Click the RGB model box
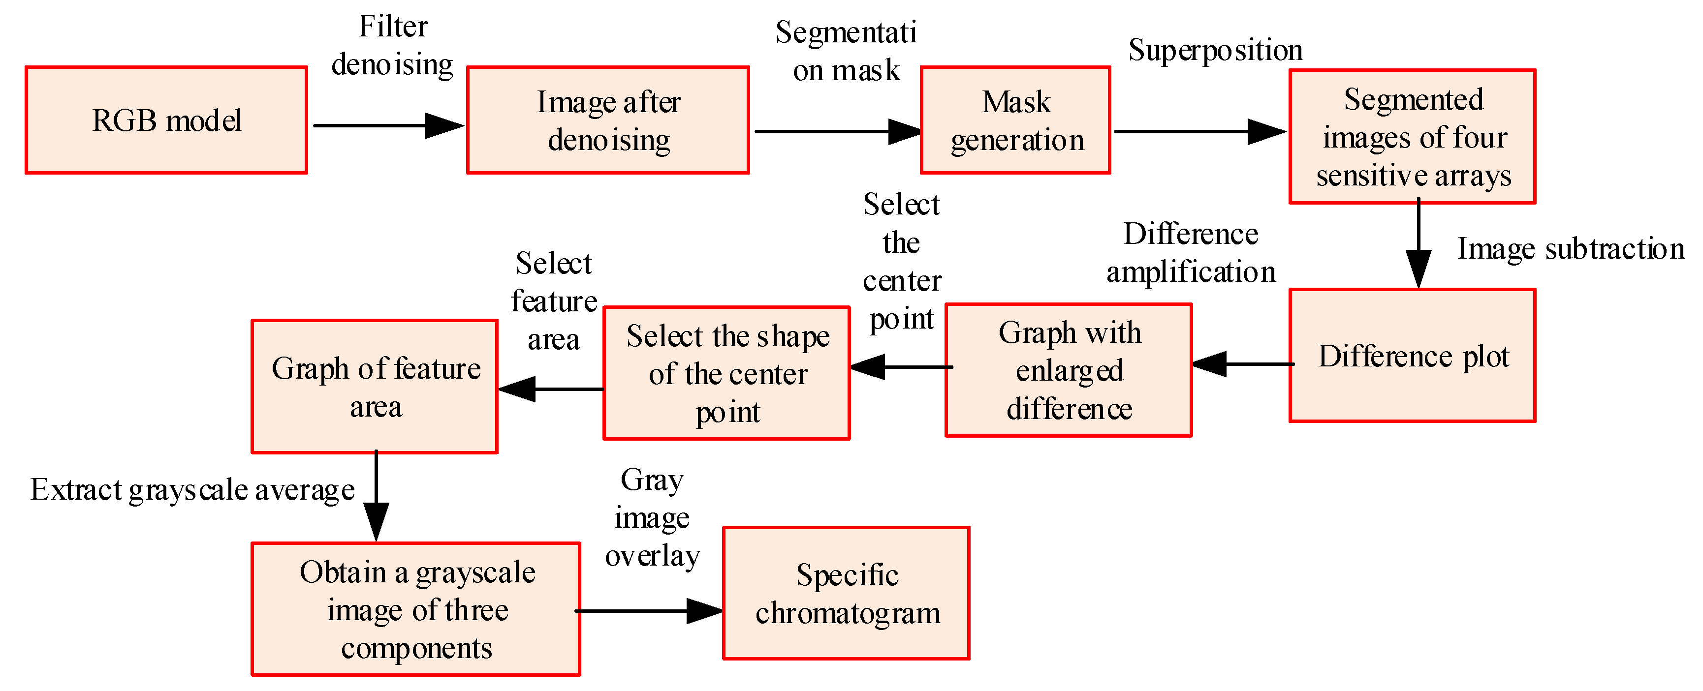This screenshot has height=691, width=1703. pos(166,120)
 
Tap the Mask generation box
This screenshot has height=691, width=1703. pos(1015,120)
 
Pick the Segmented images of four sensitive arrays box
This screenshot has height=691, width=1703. pos(1412,137)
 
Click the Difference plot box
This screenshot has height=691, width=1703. pos(1412,356)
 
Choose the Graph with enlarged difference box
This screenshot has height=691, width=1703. pos(1069,370)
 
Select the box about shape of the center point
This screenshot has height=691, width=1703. pos(726,373)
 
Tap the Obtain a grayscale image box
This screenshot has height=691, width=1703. pos(416,609)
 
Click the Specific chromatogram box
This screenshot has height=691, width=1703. pos(846,593)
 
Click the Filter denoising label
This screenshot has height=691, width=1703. pos(393,46)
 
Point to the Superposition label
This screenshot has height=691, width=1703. pos(1215,50)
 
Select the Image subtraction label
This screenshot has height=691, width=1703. pos(1571,249)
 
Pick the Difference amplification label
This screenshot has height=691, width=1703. pos(1191,252)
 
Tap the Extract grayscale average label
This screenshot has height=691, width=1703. pos(192,490)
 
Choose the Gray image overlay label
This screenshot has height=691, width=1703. pos(652,517)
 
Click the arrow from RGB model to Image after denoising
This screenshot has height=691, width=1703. pos(388,125)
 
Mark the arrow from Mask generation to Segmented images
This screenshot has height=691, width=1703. pos(1199,131)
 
